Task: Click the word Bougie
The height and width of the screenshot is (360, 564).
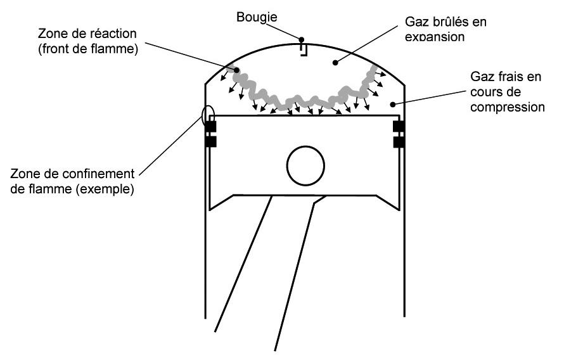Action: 257,17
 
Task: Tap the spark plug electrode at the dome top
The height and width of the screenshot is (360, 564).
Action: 304,49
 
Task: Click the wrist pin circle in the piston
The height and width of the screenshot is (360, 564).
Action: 305,165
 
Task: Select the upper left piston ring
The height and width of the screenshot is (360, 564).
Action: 211,127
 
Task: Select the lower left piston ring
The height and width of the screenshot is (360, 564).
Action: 211,142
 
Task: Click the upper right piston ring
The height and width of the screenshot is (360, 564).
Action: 399,127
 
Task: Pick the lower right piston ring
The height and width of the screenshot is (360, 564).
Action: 399,142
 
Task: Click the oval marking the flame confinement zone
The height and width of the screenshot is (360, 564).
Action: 208,114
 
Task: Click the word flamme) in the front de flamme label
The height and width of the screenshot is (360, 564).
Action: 116,49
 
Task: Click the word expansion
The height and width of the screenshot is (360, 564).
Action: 435,37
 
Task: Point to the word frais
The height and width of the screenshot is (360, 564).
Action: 510,77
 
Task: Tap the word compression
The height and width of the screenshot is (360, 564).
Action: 508,107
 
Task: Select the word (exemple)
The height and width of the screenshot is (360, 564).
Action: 105,189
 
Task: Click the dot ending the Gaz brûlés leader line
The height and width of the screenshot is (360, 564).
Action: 335,63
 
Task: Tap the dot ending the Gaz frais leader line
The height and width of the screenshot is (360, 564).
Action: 393,105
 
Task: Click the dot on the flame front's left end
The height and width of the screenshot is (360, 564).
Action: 236,69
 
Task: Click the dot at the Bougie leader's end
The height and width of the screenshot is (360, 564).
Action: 302,39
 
